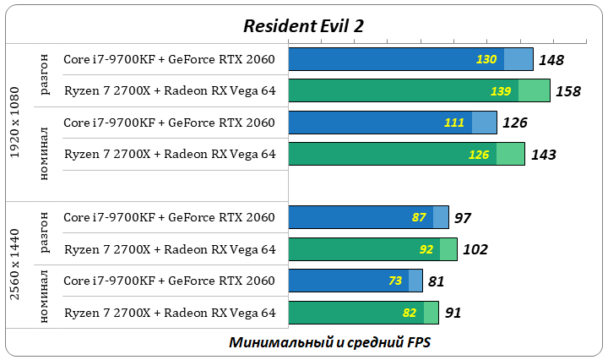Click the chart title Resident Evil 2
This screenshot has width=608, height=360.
click(304, 25)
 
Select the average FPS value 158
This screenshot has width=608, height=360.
click(567, 91)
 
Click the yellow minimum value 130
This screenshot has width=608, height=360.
click(486, 59)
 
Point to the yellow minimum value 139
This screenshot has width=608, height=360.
click(501, 90)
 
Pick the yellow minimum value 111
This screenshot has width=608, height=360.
click(454, 123)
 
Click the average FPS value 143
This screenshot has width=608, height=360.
click(542, 155)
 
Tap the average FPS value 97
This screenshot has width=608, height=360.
click(462, 218)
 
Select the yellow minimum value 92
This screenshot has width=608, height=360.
click(426, 249)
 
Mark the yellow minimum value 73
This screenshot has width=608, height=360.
click(395, 281)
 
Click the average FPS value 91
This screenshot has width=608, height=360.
click(453, 313)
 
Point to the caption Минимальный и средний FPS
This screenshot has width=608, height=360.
click(329, 342)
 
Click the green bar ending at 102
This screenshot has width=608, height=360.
click(372, 249)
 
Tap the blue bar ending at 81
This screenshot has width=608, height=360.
click(355, 281)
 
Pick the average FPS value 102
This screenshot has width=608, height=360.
click(475, 250)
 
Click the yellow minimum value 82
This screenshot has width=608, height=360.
click(410, 313)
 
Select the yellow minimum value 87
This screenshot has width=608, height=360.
click(419, 217)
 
